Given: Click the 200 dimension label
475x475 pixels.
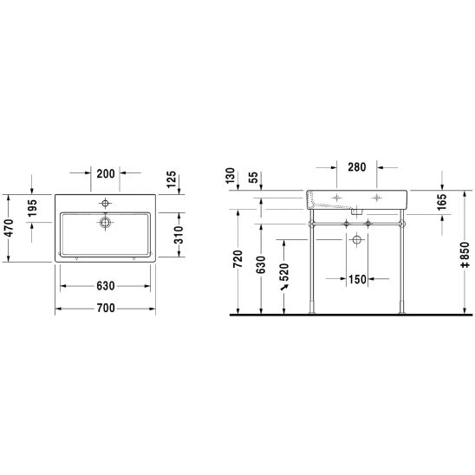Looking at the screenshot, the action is click(106, 174).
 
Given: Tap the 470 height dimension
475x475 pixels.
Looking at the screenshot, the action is click(10, 228).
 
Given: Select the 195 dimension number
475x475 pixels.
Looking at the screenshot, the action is click(32, 208).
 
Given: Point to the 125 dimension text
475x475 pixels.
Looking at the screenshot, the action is click(172, 179).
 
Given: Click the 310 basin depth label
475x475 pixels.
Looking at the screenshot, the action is click(179, 235).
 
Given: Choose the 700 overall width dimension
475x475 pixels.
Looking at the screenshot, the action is click(106, 308).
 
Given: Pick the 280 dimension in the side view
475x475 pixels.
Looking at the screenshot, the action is click(357, 167).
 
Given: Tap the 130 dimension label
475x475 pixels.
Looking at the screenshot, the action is click(231, 176).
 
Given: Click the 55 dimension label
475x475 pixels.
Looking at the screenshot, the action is click(253, 178).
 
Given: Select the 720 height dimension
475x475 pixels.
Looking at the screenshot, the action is click(238, 259).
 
